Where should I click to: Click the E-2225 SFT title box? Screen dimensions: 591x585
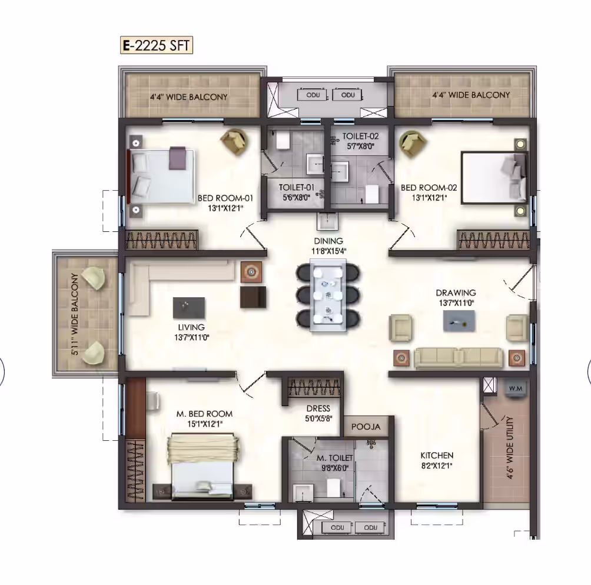click(x=157, y=45)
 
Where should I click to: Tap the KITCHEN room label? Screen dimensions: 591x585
click(x=437, y=456)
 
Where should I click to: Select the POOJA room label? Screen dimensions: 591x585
click(x=366, y=427)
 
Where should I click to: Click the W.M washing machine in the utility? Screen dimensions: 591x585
click(x=516, y=388)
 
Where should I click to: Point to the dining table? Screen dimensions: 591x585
click(x=327, y=295)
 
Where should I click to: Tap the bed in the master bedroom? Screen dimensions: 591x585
click(x=203, y=467)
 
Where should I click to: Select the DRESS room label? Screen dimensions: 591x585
click(x=318, y=408)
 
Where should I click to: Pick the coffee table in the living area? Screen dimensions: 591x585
click(x=189, y=308)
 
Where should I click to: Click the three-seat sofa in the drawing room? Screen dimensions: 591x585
click(x=459, y=358)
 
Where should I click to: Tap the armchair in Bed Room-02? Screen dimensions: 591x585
click(x=412, y=143)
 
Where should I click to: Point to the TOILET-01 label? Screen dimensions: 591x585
click(x=297, y=187)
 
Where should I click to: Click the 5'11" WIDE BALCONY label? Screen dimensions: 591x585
click(x=75, y=314)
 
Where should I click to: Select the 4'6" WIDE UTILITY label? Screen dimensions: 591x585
click(x=510, y=447)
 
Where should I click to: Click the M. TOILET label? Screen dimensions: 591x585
click(x=335, y=458)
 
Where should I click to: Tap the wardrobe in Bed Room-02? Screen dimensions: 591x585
click(x=493, y=240)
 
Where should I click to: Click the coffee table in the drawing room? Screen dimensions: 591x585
click(x=459, y=321)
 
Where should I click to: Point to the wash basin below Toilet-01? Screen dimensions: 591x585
click(x=328, y=221)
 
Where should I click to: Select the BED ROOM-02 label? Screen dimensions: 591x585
click(x=429, y=187)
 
